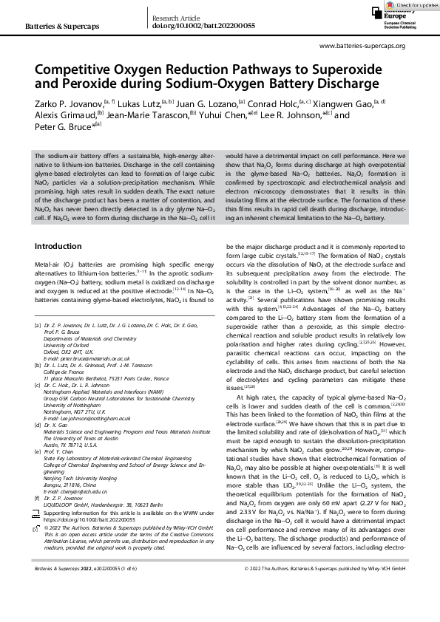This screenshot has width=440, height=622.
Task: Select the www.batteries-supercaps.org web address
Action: click(362, 46)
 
